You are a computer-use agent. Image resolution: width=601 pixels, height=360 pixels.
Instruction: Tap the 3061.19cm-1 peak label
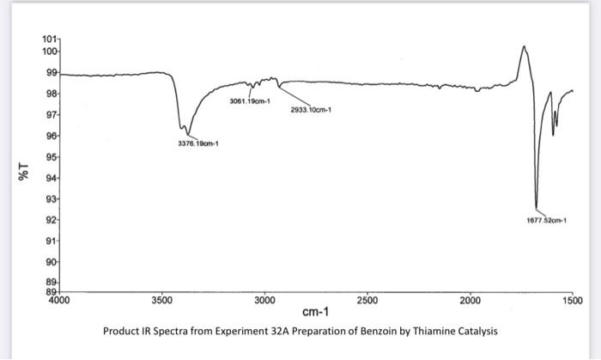[x=250, y=101]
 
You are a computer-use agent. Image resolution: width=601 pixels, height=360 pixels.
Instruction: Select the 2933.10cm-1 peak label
[x=311, y=110]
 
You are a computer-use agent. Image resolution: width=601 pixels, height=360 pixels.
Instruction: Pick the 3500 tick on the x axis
[x=161, y=302]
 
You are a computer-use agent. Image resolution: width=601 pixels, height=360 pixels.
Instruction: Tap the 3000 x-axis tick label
[x=264, y=302]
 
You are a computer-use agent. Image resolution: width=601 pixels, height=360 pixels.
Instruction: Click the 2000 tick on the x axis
[x=470, y=302]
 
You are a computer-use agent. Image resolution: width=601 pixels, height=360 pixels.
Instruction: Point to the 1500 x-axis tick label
[x=572, y=302]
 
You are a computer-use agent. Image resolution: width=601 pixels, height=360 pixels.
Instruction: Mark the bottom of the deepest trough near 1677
[x=536, y=209]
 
